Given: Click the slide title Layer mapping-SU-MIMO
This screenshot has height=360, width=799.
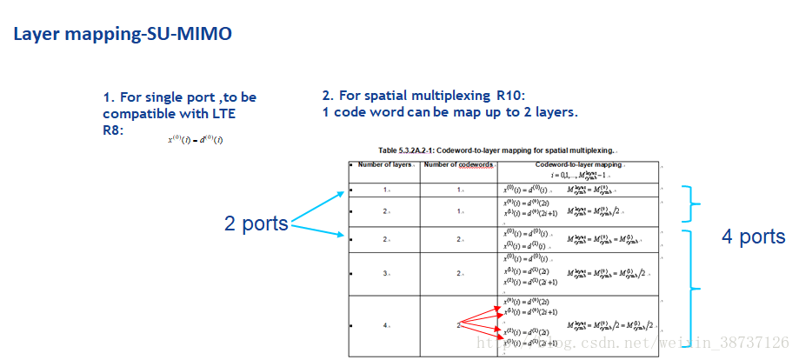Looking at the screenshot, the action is [x=122, y=35].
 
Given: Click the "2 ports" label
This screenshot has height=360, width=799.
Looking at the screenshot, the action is [x=256, y=223].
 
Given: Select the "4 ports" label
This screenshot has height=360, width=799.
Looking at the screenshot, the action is [x=753, y=237].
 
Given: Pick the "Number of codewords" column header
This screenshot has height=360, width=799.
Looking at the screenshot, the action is [x=459, y=164].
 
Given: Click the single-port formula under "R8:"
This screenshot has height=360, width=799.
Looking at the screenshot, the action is [x=195, y=140].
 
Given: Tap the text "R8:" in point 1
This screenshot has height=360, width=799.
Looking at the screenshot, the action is [x=113, y=129].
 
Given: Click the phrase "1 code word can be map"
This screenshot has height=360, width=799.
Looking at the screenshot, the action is [x=399, y=112].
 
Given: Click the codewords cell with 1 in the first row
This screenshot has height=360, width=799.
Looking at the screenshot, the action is [x=459, y=189].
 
